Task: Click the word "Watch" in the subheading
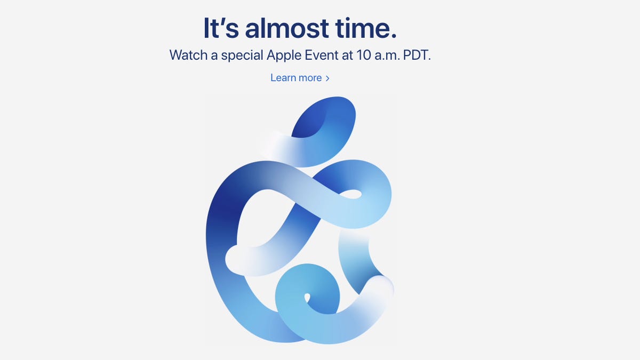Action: point(188,55)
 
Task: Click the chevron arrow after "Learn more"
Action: point(327,78)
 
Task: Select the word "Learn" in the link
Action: point(283,78)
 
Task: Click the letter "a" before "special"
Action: point(215,55)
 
